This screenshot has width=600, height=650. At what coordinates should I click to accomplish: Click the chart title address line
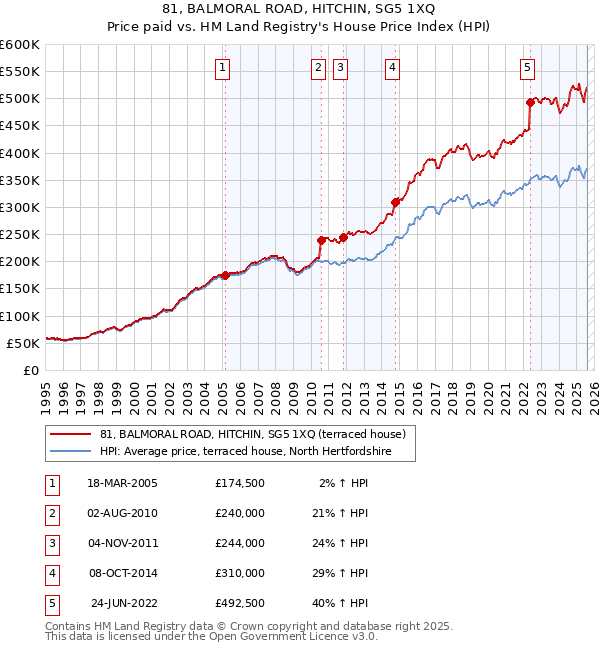tap(300, 10)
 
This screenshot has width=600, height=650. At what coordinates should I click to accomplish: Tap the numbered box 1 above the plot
tap(221, 68)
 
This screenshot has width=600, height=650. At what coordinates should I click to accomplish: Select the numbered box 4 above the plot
tap(393, 68)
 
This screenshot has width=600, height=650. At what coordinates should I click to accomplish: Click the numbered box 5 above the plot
tap(527, 68)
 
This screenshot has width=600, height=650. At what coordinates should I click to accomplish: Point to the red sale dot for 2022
tap(530, 102)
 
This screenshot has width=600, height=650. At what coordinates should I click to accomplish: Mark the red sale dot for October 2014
tap(395, 202)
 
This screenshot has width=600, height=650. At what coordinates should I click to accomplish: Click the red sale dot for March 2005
tap(225, 275)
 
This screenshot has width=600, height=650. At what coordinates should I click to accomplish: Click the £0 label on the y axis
tap(30, 370)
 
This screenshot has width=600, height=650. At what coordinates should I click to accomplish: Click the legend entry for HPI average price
tap(245, 452)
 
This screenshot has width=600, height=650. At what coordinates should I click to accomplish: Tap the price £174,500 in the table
tap(239, 483)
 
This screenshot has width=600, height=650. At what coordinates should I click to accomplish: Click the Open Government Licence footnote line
tap(212, 635)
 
